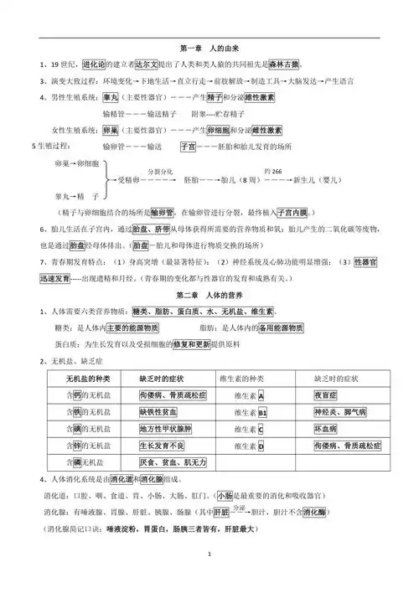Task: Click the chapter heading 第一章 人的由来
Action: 209,48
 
